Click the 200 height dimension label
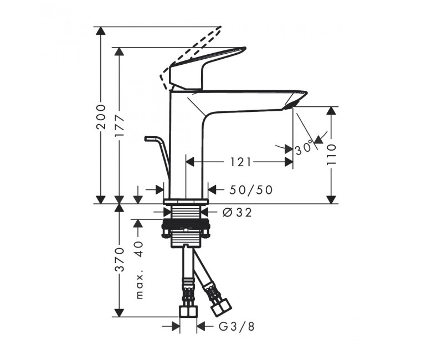pyautogui.click(x=101, y=117)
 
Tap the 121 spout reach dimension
pyautogui.click(x=240, y=162)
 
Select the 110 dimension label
pyautogui.click(x=331, y=155)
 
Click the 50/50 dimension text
pyautogui.click(x=251, y=190)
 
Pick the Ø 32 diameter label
pyautogui.click(x=237, y=212)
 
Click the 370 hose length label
pyautogui.click(x=120, y=260)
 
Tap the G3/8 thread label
pyautogui.click(x=236, y=327)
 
